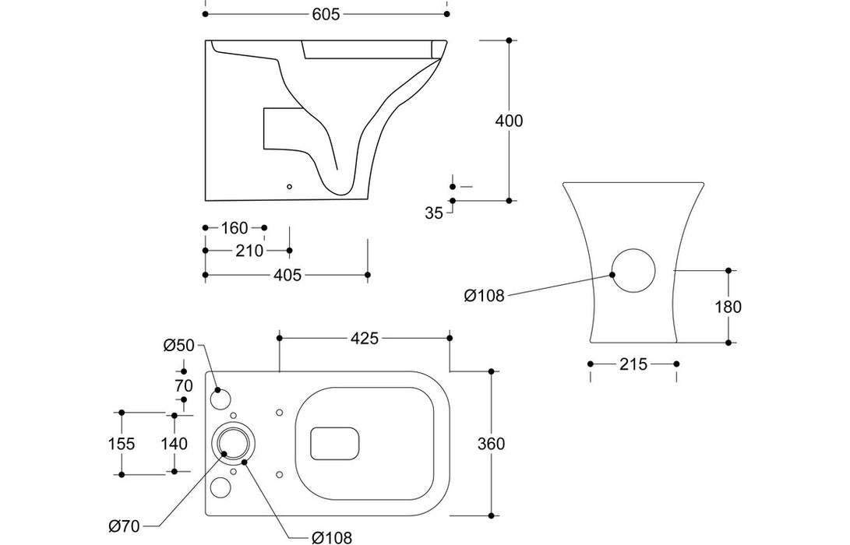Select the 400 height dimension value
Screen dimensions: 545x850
click(510, 121)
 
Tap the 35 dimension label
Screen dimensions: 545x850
click(435, 213)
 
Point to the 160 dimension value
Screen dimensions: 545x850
click(234, 228)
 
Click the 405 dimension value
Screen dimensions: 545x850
click(287, 275)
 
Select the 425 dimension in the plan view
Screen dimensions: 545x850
click(364, 338)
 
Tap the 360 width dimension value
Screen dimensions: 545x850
click(492, 444)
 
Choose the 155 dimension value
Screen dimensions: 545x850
click(122, 444)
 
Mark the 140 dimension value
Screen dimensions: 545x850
click(174, 444)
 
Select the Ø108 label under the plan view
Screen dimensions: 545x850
click(331, 536)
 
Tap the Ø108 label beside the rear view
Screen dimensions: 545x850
click(484, 295)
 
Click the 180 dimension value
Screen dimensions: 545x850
click(728, 307)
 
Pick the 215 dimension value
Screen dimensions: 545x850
click(633, 364)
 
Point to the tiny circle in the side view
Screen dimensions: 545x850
click(290, 187)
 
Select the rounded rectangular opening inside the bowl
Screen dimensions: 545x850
click(335, 443)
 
